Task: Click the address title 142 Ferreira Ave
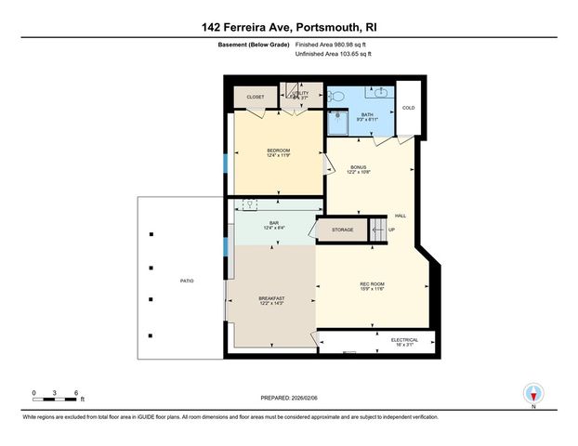(288, 28)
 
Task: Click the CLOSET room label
(256, 97)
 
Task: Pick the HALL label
(401, 215)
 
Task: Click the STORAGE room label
(342, 230)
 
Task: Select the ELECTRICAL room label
(404, 341)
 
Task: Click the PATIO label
(186, 279)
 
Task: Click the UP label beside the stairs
(391, 230)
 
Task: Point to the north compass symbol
(532, 393)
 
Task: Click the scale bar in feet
(55, 394)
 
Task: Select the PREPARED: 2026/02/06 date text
(288, 396)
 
